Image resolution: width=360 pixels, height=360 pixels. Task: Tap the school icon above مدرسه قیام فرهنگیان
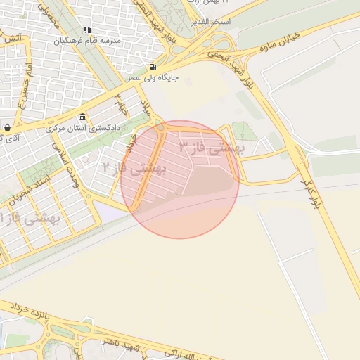point(87,30)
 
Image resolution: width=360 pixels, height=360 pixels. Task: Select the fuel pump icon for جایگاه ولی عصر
point(153,67)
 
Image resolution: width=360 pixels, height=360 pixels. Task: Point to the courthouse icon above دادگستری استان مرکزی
point(83,116)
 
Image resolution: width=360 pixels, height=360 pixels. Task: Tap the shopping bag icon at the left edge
point(7,127)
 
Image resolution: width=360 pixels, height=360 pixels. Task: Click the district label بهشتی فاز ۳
point(210,148)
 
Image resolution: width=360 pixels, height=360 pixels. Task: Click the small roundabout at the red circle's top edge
point(161,127)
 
